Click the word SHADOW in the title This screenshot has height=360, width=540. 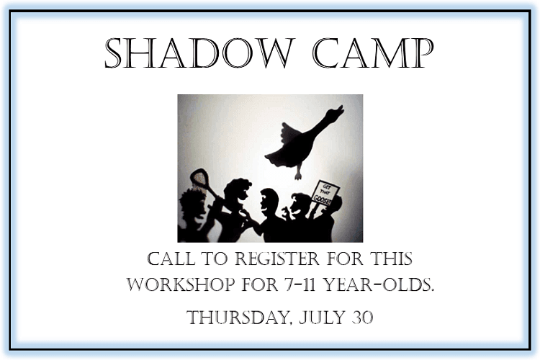click(198, 55)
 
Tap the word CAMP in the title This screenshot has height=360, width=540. click(373, 55)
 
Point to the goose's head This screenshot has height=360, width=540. click(336, 112)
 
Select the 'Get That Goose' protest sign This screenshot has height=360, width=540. click(325, 192)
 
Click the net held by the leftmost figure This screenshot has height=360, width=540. click(199, 178)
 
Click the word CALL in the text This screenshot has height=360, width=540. click(171, 259)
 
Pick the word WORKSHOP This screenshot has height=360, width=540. click(180, 285)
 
